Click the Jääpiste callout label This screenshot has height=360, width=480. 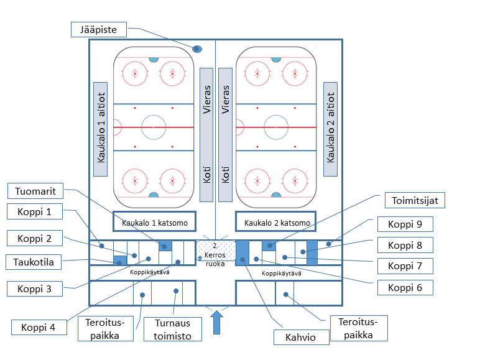pos(99,29)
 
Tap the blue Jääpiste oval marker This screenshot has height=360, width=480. pos(197,48)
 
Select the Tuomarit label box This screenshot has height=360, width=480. pos(35,191)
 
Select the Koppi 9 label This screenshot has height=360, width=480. pos(405,224)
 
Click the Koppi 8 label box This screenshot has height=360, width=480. pos(405,245)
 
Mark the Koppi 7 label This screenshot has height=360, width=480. pos(405,266)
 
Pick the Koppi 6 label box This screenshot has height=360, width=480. pos(405,287)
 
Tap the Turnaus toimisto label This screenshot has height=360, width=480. pos(173,329)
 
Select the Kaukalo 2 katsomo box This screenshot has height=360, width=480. pos(277,222)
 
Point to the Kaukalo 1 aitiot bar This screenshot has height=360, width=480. pos(101,129)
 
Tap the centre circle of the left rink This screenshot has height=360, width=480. pos(154,127)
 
